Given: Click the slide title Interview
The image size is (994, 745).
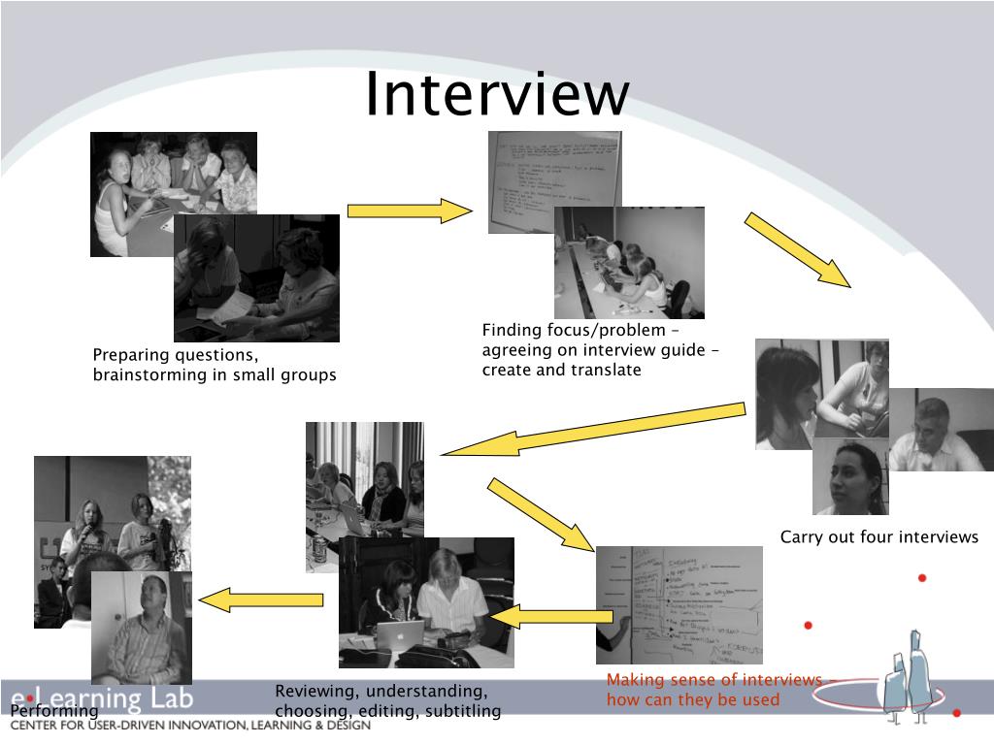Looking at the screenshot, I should (x=497, y=95).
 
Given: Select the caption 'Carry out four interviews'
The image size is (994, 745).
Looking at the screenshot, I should (x=879, y=537).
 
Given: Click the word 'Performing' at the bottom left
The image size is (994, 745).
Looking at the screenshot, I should (x=54, y=712).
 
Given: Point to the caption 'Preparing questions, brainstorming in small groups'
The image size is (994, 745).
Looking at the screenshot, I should (x=215, y=365).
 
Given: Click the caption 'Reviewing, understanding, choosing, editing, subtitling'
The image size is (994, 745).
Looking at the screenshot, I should (x=387, y=701).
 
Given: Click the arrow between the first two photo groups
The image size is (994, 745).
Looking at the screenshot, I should (x=409, y=211).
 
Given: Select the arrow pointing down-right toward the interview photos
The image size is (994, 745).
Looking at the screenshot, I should (x=797, y=250).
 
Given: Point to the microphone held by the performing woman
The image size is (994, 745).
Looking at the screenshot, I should (x=88, y=532).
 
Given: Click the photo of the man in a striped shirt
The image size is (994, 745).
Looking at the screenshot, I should (x=141, y=626).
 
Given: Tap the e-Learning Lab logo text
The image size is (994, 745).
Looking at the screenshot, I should (x=102, y=697).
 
